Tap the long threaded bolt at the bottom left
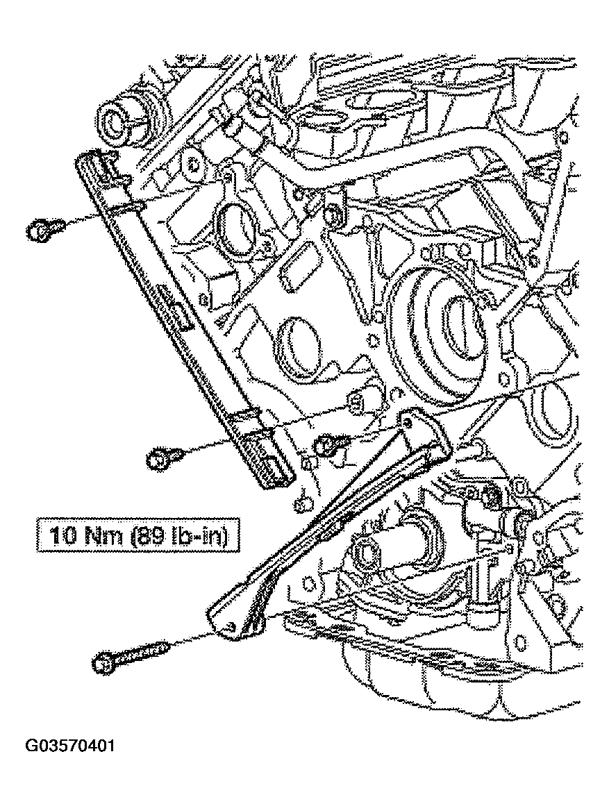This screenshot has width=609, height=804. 132,655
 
